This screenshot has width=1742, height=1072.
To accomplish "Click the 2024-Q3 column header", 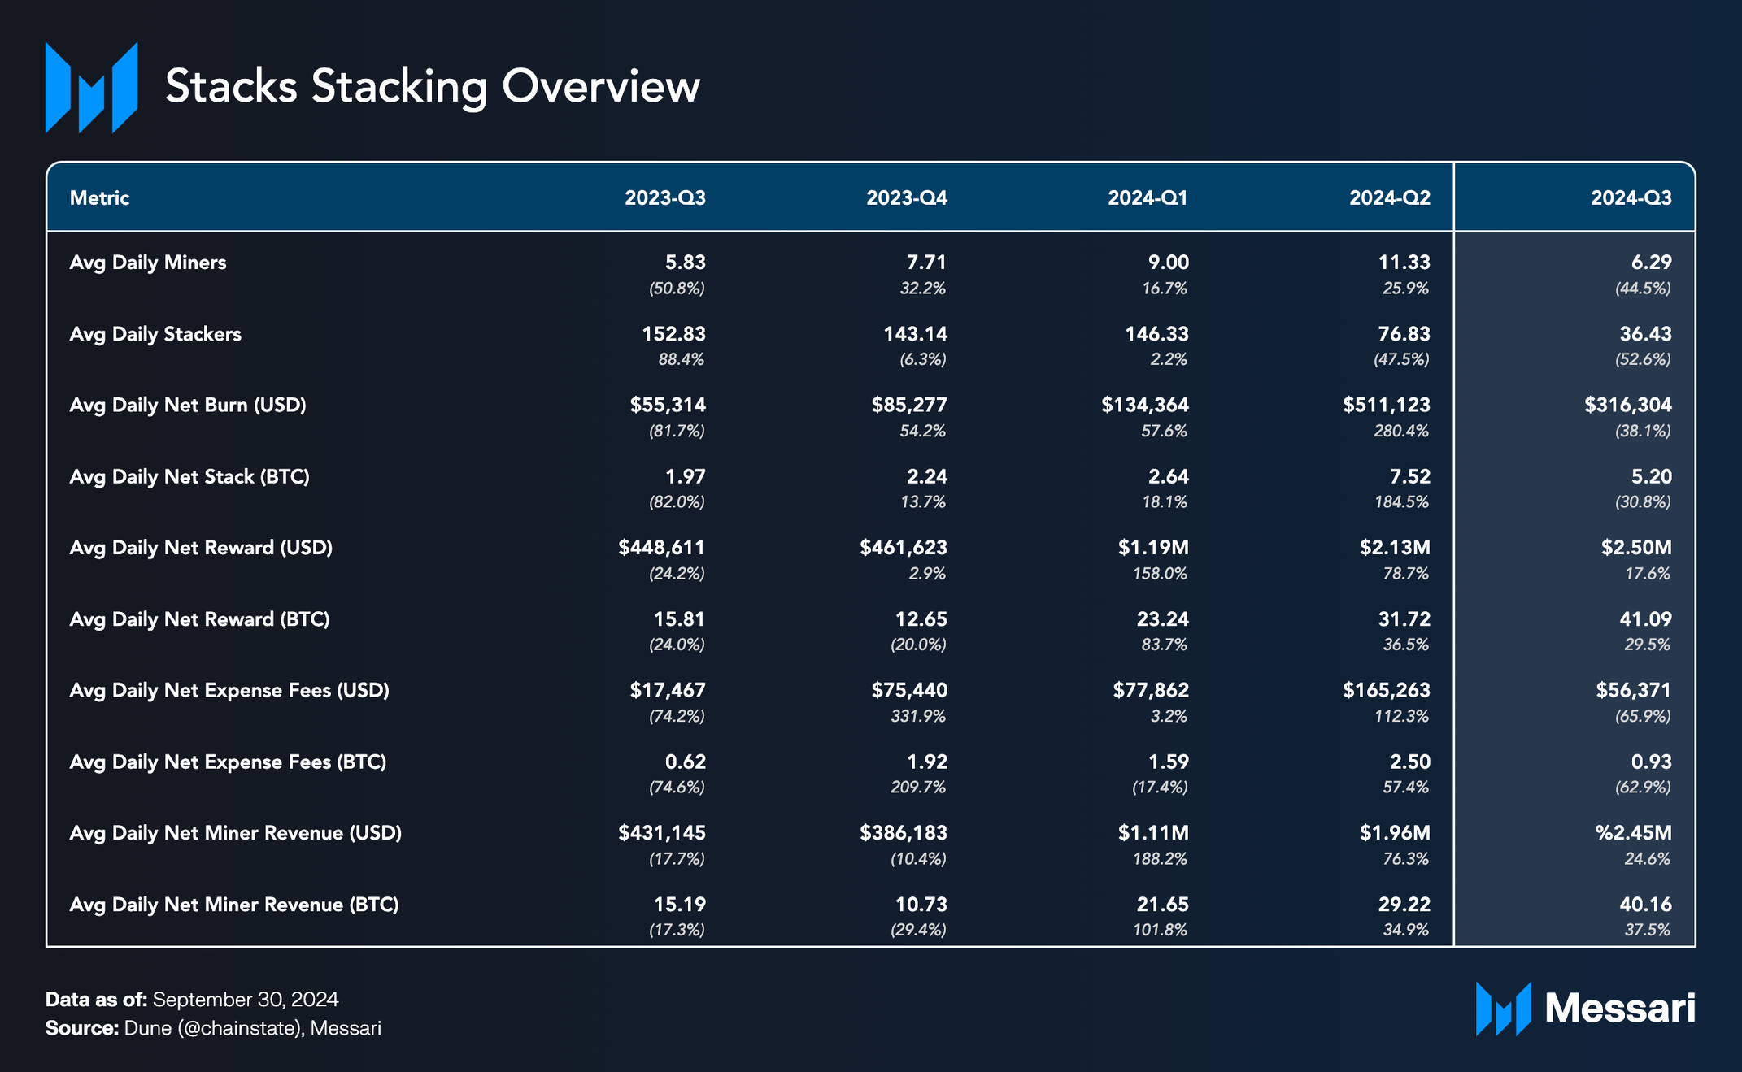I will (1631, 197).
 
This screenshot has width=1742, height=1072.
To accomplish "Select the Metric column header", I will (99, 197).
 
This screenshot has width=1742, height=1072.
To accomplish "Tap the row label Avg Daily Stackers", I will (155, 334).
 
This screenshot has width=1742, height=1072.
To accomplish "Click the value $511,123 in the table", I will (1386, 405).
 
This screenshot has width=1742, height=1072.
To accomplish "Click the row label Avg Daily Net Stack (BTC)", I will (189, 476).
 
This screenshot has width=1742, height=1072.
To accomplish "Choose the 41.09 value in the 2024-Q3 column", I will (1645, 619).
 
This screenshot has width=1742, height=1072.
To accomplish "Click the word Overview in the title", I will (600, 86).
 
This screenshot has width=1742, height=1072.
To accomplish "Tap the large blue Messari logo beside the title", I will (91, 88).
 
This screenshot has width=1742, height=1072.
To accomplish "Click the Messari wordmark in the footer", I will (1619, 1009).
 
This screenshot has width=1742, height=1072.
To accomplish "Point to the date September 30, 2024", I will (246, 1000).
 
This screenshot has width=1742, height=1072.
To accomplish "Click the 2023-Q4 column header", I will (906, 197).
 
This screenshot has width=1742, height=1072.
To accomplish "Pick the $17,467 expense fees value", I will (667, 690).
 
